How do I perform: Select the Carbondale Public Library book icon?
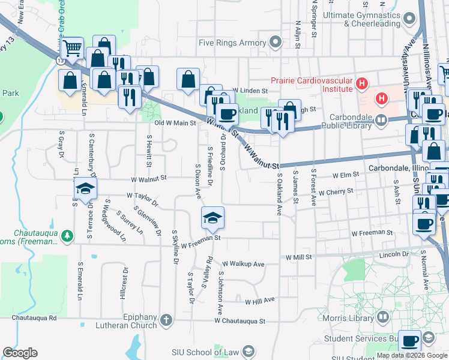click(381, 121)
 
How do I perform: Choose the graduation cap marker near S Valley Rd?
click(212, 218)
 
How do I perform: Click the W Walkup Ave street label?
click(243, 263)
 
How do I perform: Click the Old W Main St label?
click(175, 123)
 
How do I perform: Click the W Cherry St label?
click(336, 193)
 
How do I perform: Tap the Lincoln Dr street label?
click(394, 254)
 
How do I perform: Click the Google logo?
click(20, 353)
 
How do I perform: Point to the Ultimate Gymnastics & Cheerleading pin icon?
click(410, 19)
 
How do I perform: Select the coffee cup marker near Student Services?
click(411, 341)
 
